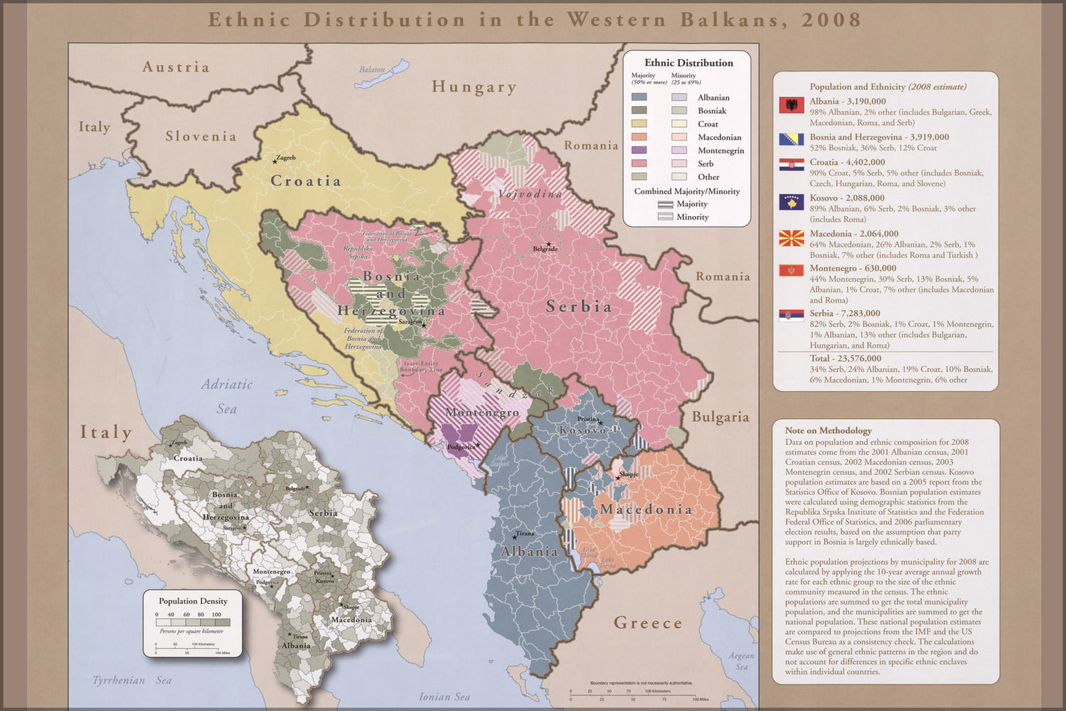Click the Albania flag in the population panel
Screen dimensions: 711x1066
click(791, 105)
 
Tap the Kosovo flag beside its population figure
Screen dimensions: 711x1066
click(791, 203)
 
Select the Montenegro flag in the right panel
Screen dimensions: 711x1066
click(791, 271)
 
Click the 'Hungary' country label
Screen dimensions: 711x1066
click(474, 87)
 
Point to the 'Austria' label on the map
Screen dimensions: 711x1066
click(176, 67)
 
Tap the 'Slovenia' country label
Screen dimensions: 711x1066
click(201, 136)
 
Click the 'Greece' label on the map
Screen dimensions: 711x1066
click(648, 623)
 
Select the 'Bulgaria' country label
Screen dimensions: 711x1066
click(720, 417)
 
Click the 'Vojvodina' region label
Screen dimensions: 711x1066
click(530, 193)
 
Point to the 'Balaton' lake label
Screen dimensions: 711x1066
click(371, 70)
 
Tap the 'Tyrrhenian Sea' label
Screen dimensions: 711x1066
click(132, 680)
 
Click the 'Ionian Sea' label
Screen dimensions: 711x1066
click(444, 697)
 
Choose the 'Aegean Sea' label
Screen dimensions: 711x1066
click(741, 661)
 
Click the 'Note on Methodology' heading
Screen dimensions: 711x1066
click(828, 430)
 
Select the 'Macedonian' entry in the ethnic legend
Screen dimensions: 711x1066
click(719, 137)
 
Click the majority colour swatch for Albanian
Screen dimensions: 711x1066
click(639, 97)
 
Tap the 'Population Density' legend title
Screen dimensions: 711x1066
click(193, 601)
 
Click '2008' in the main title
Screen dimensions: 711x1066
click(831, 19)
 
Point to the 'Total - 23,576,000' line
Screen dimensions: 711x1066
click(845, 358)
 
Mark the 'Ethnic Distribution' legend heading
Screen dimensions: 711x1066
click(688, 63)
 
